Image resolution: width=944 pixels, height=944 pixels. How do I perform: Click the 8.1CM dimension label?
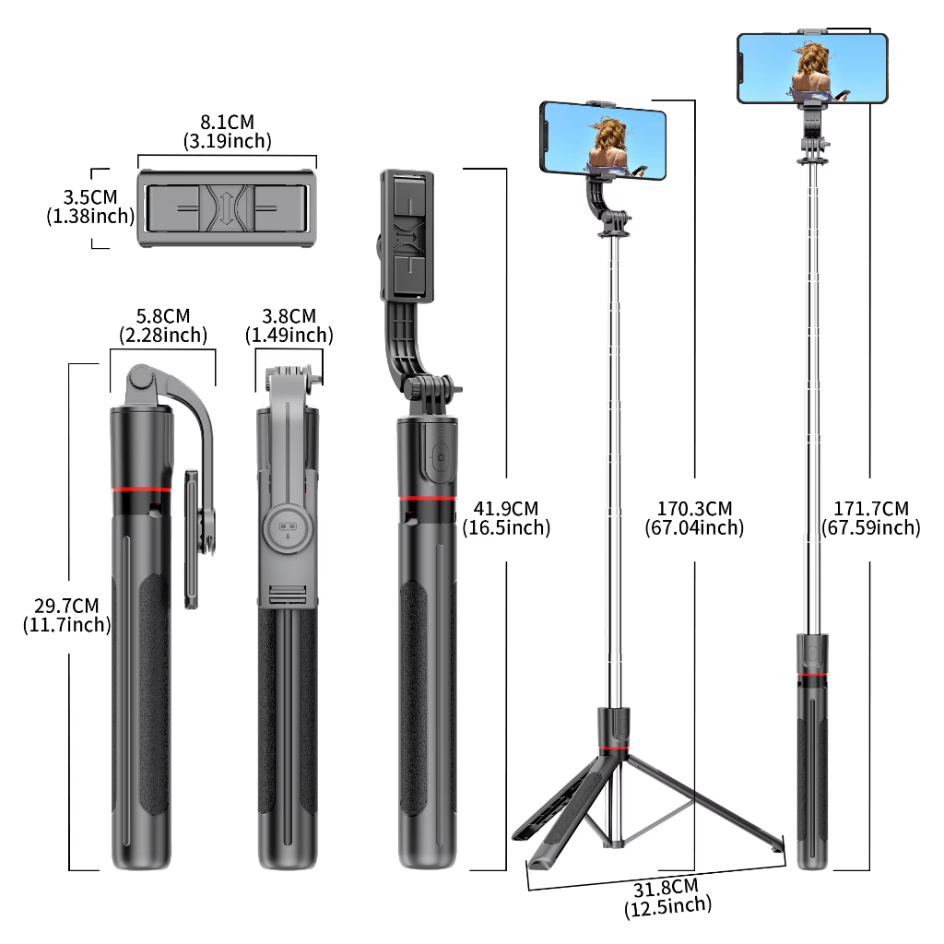click(228, 131)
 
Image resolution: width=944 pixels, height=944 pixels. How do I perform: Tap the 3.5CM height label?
click(90, 206)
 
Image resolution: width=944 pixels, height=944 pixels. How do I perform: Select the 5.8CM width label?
click(163, 325)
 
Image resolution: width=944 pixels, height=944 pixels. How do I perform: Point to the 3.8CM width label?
click(289, 325)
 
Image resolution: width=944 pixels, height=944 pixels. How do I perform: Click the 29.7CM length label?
click(66, 615)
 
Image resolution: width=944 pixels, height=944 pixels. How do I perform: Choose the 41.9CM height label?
click(506, 518)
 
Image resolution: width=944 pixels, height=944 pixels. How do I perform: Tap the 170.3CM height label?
click(694, 518)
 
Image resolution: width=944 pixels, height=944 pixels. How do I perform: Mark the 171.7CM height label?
click(871, 518)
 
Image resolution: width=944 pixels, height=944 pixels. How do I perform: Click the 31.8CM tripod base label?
click(667, 898)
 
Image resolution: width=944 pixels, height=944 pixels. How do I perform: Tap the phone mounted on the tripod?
click(603, 140)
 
